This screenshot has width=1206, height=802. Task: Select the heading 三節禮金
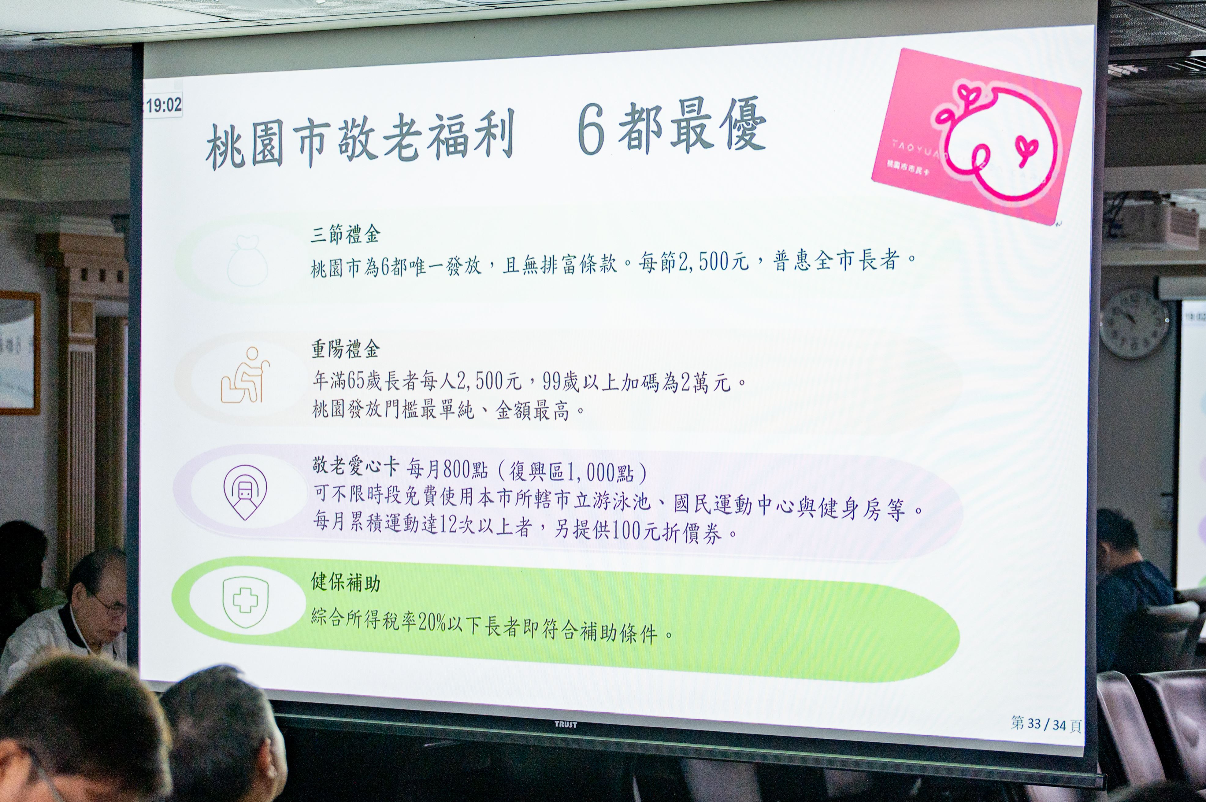345,235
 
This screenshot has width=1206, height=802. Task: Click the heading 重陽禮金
345,349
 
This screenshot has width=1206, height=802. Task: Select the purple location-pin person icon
245,492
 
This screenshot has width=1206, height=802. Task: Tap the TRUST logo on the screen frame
566,724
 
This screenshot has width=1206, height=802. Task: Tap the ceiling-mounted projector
1156,225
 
